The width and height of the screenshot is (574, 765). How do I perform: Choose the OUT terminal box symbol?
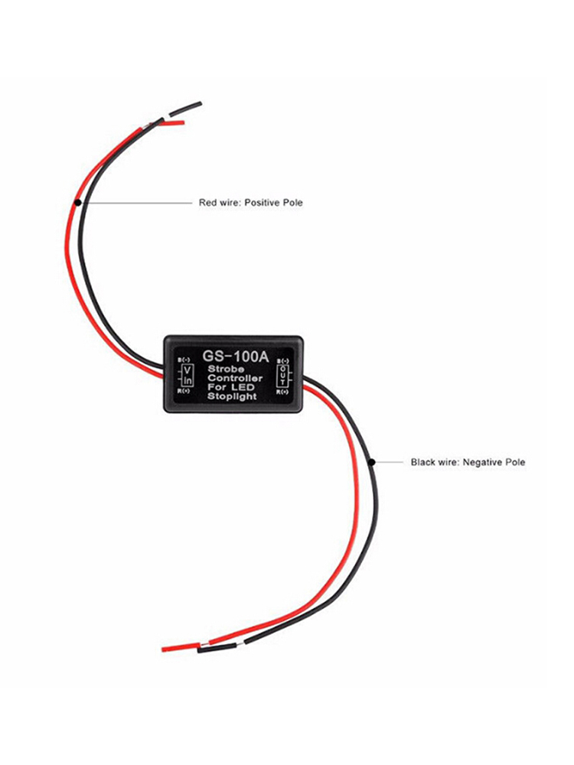[x=284, y=376]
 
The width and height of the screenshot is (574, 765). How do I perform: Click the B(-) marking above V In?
[x=184, y=360]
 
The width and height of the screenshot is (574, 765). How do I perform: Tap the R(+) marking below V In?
[x=184, y=391]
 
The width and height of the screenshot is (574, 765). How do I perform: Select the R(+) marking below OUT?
[x=284, y=392]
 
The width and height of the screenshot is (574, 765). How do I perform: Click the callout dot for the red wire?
[x=79, y=203]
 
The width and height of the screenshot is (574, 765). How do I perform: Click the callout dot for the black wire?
[x=370, y=462]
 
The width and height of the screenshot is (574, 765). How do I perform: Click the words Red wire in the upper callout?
[x=219, y=203]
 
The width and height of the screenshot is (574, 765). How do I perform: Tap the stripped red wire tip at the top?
[x=173, y=122]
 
